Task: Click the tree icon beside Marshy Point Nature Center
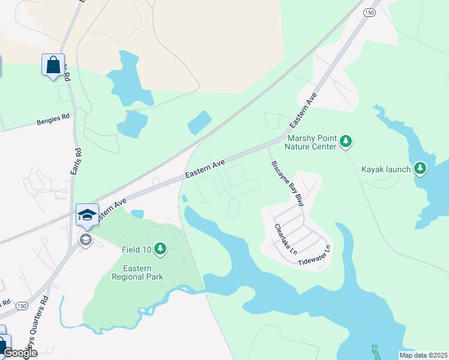click(345, 142)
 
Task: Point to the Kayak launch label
click(386, 169)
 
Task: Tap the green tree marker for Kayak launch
click(421, 169)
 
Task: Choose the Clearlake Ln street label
click(286, 238)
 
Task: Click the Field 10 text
click(137, 248)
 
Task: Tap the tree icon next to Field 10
click(160, 248)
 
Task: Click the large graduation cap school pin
click(87, 215)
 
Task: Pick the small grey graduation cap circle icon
click(86, 240)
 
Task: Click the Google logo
click(19, 353)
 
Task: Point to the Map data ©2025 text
click(423, 355)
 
